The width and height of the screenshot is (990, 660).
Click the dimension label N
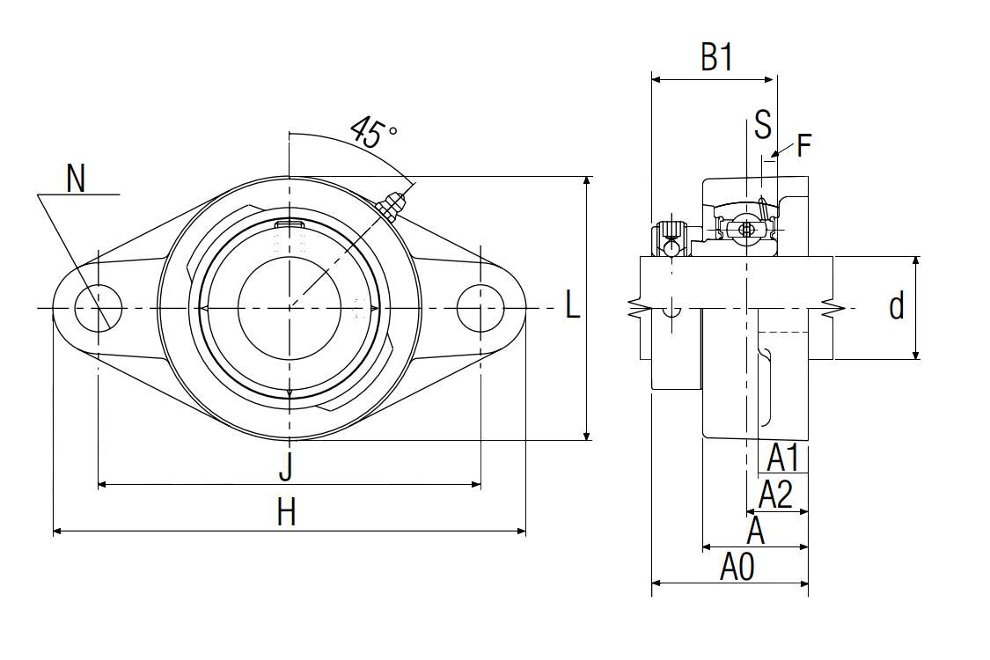click(x=77, y=179)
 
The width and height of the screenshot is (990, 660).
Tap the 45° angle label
click(x=373, y=132)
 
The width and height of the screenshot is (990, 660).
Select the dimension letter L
click(x=573, y=306)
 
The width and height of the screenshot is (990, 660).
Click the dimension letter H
click(x=286, y=512)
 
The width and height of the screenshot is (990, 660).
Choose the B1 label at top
click(x=717, y=59)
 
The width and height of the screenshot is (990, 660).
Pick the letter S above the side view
click(x=762, y=125)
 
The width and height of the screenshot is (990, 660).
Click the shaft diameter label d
click(x=896, y=307)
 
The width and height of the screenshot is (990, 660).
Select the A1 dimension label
click(x=782, y=458)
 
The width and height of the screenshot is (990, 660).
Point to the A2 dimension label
click(x=775, y=495)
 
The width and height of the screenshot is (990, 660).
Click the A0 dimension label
click(x=737, y=568)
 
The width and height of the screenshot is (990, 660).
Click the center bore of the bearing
click(x=290, y=307)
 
